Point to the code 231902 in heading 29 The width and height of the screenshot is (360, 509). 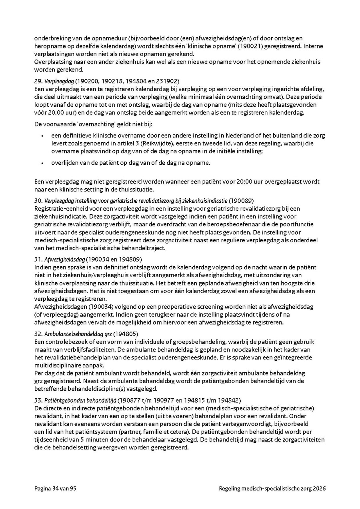click(x=168, y=81)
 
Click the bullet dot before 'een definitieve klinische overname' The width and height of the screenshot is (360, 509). click(x=42, y=136)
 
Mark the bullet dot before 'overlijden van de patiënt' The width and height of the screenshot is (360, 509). click(x=42, y=163)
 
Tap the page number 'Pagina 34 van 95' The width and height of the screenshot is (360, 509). click(x=55, y=489)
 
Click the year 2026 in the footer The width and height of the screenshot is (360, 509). click(x=318, y=489)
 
